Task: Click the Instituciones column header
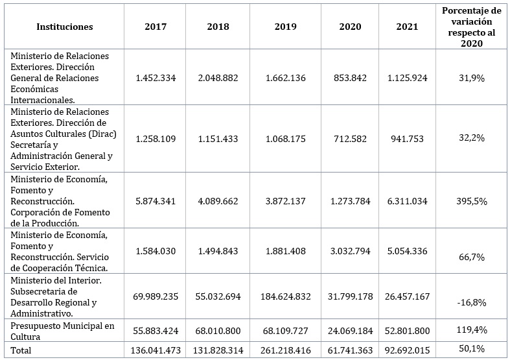coord(64,27)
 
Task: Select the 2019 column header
coord(285,27)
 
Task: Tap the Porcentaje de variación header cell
coord(471,27)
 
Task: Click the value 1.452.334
coord(156,78)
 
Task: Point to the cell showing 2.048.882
coord(218,78)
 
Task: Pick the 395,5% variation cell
coord(472,202)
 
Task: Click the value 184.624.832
coord(285,296)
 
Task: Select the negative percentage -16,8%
coord(472,302)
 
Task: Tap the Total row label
coord(21,350)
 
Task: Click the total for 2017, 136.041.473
coord(156,350)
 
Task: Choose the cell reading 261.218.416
coord(285,350)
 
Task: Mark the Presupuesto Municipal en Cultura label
coord(62,331)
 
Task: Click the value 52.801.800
coord(407,331)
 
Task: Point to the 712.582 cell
coord(350,139)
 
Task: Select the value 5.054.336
coord(407,251)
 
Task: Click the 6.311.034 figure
coord(407,201)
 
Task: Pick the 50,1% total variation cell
coord(472,349)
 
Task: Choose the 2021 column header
coord(407,27)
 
